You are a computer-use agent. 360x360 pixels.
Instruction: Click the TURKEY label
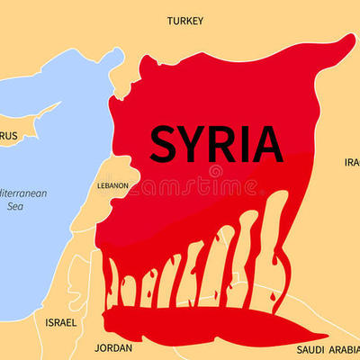click(x=184, y=20)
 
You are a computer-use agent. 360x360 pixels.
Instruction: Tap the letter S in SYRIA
click(x=165, y=143)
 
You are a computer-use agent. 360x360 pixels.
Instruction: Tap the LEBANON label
click(x=112, y=186)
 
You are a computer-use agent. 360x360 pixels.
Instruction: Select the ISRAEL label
click(x=61, y=321)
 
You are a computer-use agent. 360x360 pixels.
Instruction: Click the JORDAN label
click(x=113, y=347)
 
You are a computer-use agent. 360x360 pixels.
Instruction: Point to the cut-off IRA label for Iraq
click(x=352, y=163)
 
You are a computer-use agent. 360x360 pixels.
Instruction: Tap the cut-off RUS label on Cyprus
click(x=8, y=136)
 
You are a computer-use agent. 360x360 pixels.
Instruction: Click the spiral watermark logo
click(x=216, y=171)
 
